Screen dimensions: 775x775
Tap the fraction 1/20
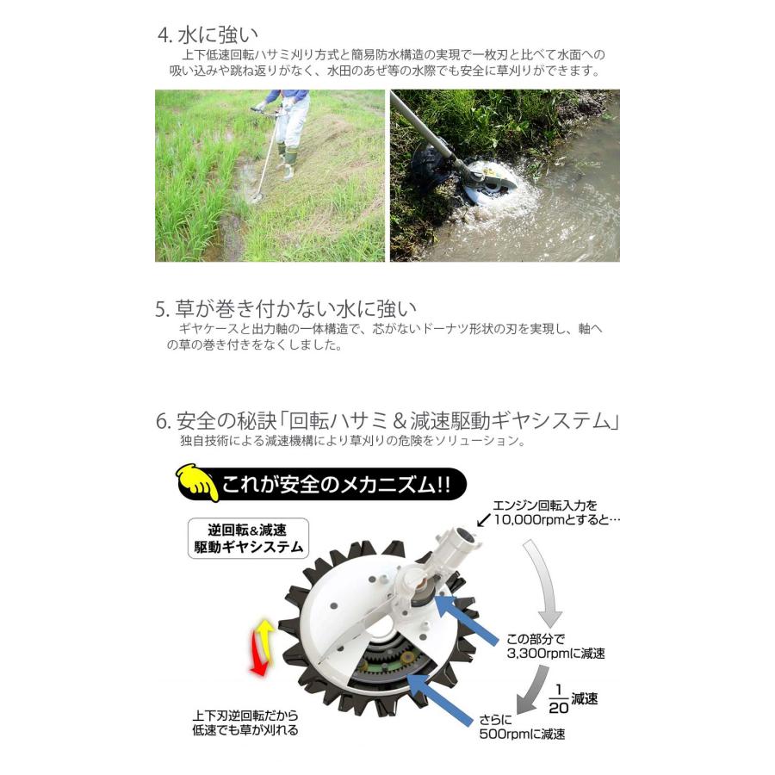click(558, 698)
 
